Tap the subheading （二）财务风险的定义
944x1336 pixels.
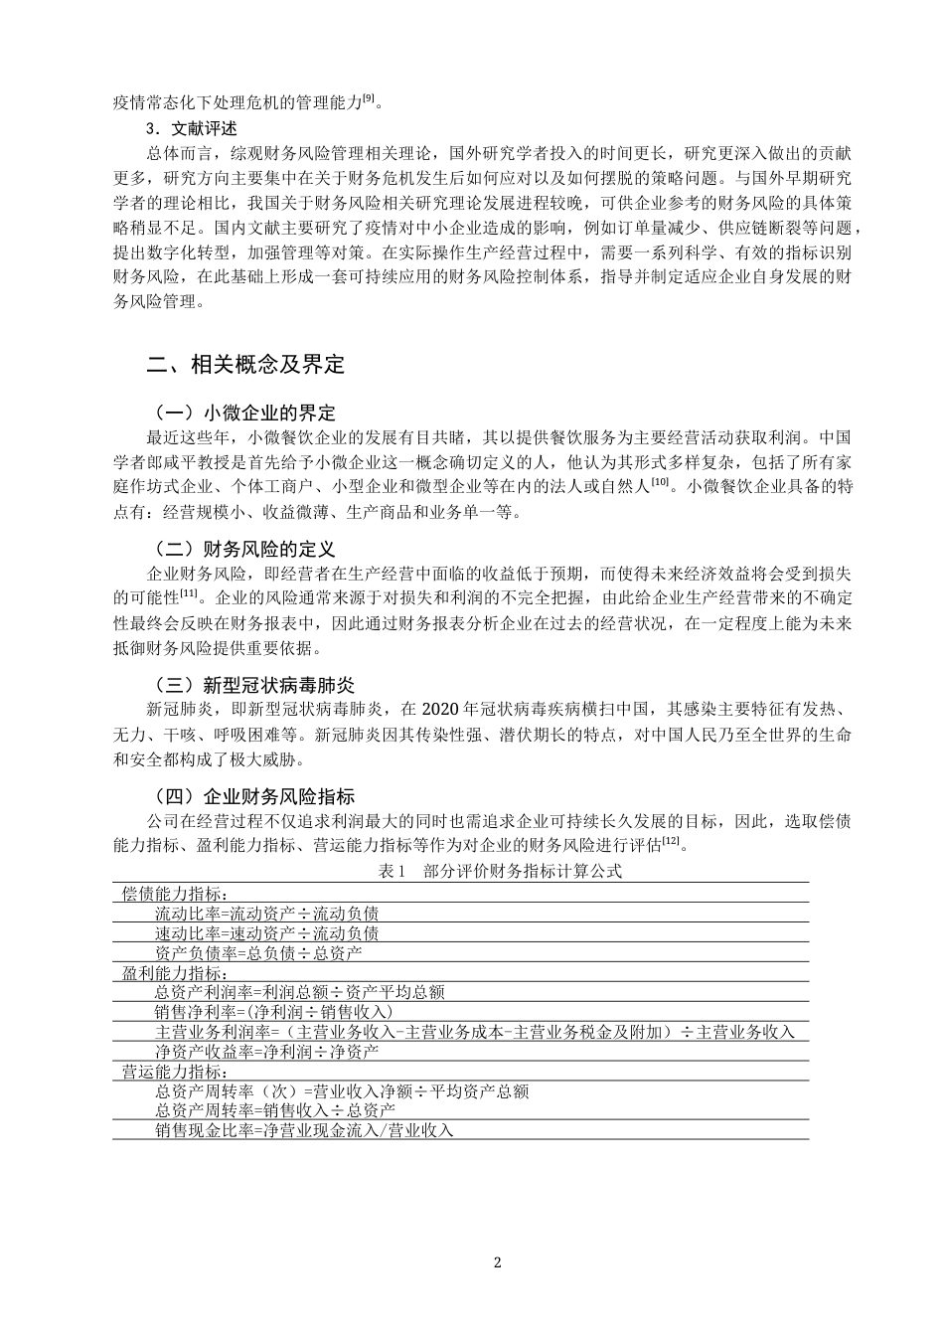click(x=244, y=549)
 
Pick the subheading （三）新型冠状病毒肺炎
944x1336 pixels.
click(x=253, y=685)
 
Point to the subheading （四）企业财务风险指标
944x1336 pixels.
click(x=253, y=796)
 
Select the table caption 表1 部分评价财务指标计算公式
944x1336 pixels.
click(x=500, y=871)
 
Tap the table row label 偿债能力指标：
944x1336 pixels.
click(x=174, y=894)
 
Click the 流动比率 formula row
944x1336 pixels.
click(x=266, y=913)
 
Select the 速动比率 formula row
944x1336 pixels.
click(x=266, y=932)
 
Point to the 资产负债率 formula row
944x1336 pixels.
click(x=258, y=952)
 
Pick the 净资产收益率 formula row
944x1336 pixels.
click(x=266, y=1051)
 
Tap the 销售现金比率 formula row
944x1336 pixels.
click(x=303, y=1130)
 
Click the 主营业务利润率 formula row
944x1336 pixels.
click(x=475, y=1032)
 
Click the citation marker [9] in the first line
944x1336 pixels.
click(x=369, y=97)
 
